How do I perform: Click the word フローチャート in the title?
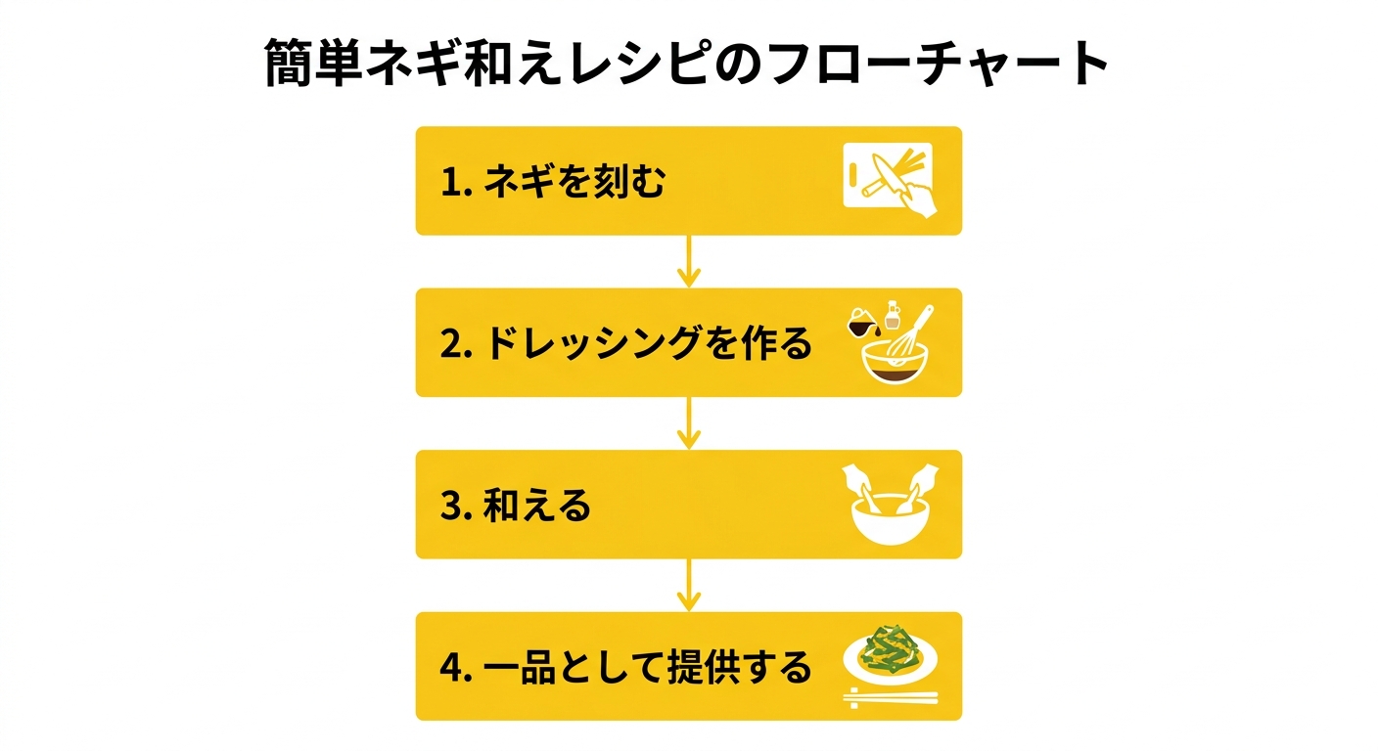point(940,63)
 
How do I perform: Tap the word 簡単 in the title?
point(313,63)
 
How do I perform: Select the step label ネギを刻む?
point(574,181)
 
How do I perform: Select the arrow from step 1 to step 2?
point(689,261)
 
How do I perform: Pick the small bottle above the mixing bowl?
point(892,315)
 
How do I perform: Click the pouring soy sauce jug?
point(862,322)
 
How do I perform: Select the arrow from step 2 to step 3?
point(689,422)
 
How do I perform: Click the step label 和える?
point(537,506)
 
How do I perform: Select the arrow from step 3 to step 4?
point(689,585)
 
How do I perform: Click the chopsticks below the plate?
point(891,697)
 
